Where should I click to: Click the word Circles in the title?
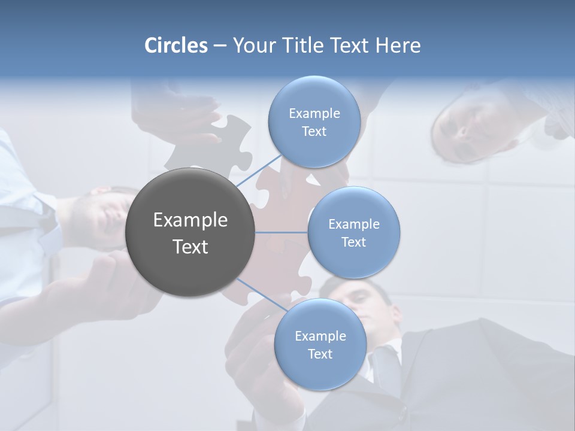click(175, 45)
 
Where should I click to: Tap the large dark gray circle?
click(190, 232)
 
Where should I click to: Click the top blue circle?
click(314, 122)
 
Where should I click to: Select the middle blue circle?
click(353, 232)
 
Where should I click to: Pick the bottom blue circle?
click(320, 344)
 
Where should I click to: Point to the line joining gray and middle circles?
click(281, 232)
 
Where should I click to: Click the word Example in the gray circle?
click(190, 220)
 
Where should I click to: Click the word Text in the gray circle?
click(190, 247)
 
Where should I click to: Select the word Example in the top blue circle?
click(314, 114)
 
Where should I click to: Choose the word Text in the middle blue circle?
click(353, 242)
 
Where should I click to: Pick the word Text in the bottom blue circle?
click(320, 354)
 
